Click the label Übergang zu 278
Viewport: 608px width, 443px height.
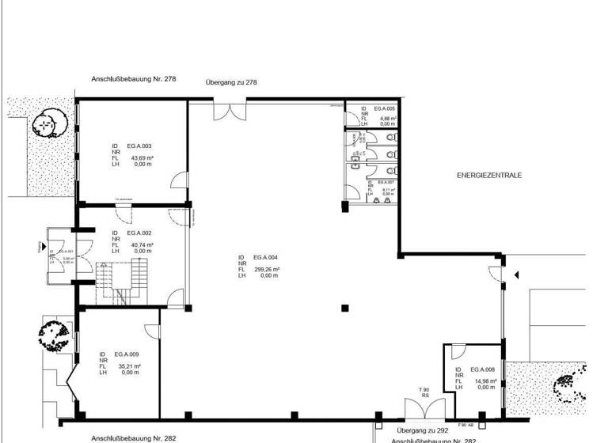(x=231, y=82)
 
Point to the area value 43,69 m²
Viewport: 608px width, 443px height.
(x=141, y=158)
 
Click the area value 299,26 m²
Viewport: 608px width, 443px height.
(x=267, y=269)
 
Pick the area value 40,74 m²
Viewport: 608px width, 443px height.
(x=142, y=245)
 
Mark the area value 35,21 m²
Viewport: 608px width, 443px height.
(x=130, y=366)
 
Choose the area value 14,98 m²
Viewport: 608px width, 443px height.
(x=485, y=381)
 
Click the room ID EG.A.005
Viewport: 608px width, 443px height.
(x=385, y=108)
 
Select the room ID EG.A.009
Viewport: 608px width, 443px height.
(x=127, y=354)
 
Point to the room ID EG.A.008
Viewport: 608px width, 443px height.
(x=483, y=369)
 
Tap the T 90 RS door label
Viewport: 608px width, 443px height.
(x=424, y=393)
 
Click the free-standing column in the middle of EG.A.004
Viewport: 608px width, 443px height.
(x=344, y=308)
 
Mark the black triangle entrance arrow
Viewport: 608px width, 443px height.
(x=516, y=275)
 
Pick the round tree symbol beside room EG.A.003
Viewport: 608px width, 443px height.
(x=47, y=123)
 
